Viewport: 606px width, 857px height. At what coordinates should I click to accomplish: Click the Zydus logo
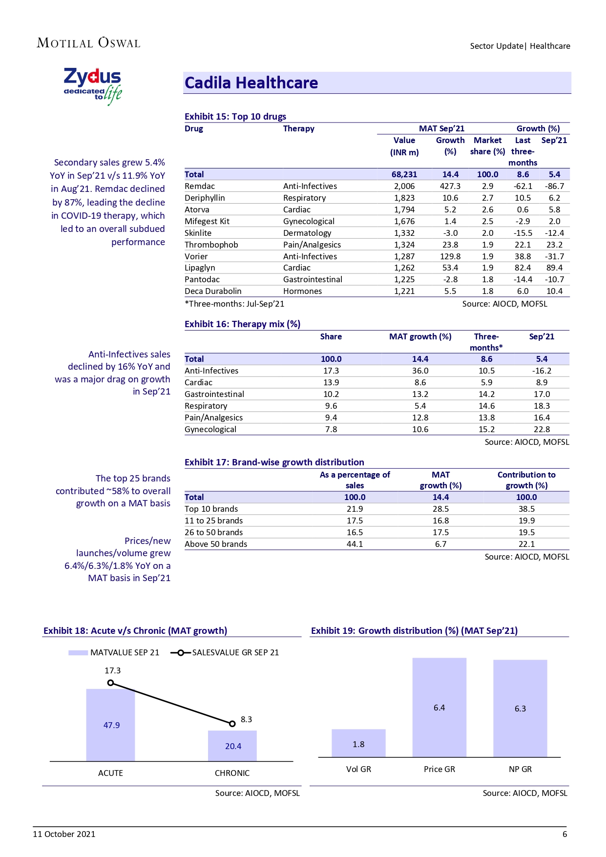click(93, 86)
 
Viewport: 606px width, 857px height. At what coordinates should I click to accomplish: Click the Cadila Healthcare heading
click(251, 83)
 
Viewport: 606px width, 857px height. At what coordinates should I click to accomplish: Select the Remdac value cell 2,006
click(404, 186)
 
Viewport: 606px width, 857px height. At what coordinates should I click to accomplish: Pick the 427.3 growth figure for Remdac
click(450, 186)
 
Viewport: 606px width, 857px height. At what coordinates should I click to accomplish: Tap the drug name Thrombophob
click(211, 245)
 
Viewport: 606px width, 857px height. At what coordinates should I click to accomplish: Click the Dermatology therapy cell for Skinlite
click(307, 233)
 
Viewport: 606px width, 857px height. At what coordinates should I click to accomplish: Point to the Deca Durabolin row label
click(213, 291)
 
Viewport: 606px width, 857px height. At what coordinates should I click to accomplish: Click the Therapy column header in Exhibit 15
click(298, 128)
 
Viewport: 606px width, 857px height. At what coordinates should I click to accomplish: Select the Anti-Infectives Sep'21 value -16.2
click(542, 371)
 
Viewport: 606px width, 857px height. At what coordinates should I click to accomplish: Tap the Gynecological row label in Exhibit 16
click(210, 429)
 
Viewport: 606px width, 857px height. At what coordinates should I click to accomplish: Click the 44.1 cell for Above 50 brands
click(355, 544)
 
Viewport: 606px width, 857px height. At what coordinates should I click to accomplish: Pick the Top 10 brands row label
click(211, 509)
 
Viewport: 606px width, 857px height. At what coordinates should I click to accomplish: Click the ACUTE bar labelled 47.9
click(111, 725)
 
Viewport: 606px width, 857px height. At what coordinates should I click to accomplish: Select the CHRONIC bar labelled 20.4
click(232, 746)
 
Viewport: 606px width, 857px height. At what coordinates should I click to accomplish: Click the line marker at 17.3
click(110, 683)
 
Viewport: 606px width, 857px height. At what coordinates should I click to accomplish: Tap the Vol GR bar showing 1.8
click(358, 744)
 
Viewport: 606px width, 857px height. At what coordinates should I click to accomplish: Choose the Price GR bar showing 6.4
click(439, 708)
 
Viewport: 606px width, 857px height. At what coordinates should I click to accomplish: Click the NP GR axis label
click(520, 769)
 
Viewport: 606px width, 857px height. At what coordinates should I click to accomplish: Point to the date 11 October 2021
click(64, 834)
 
